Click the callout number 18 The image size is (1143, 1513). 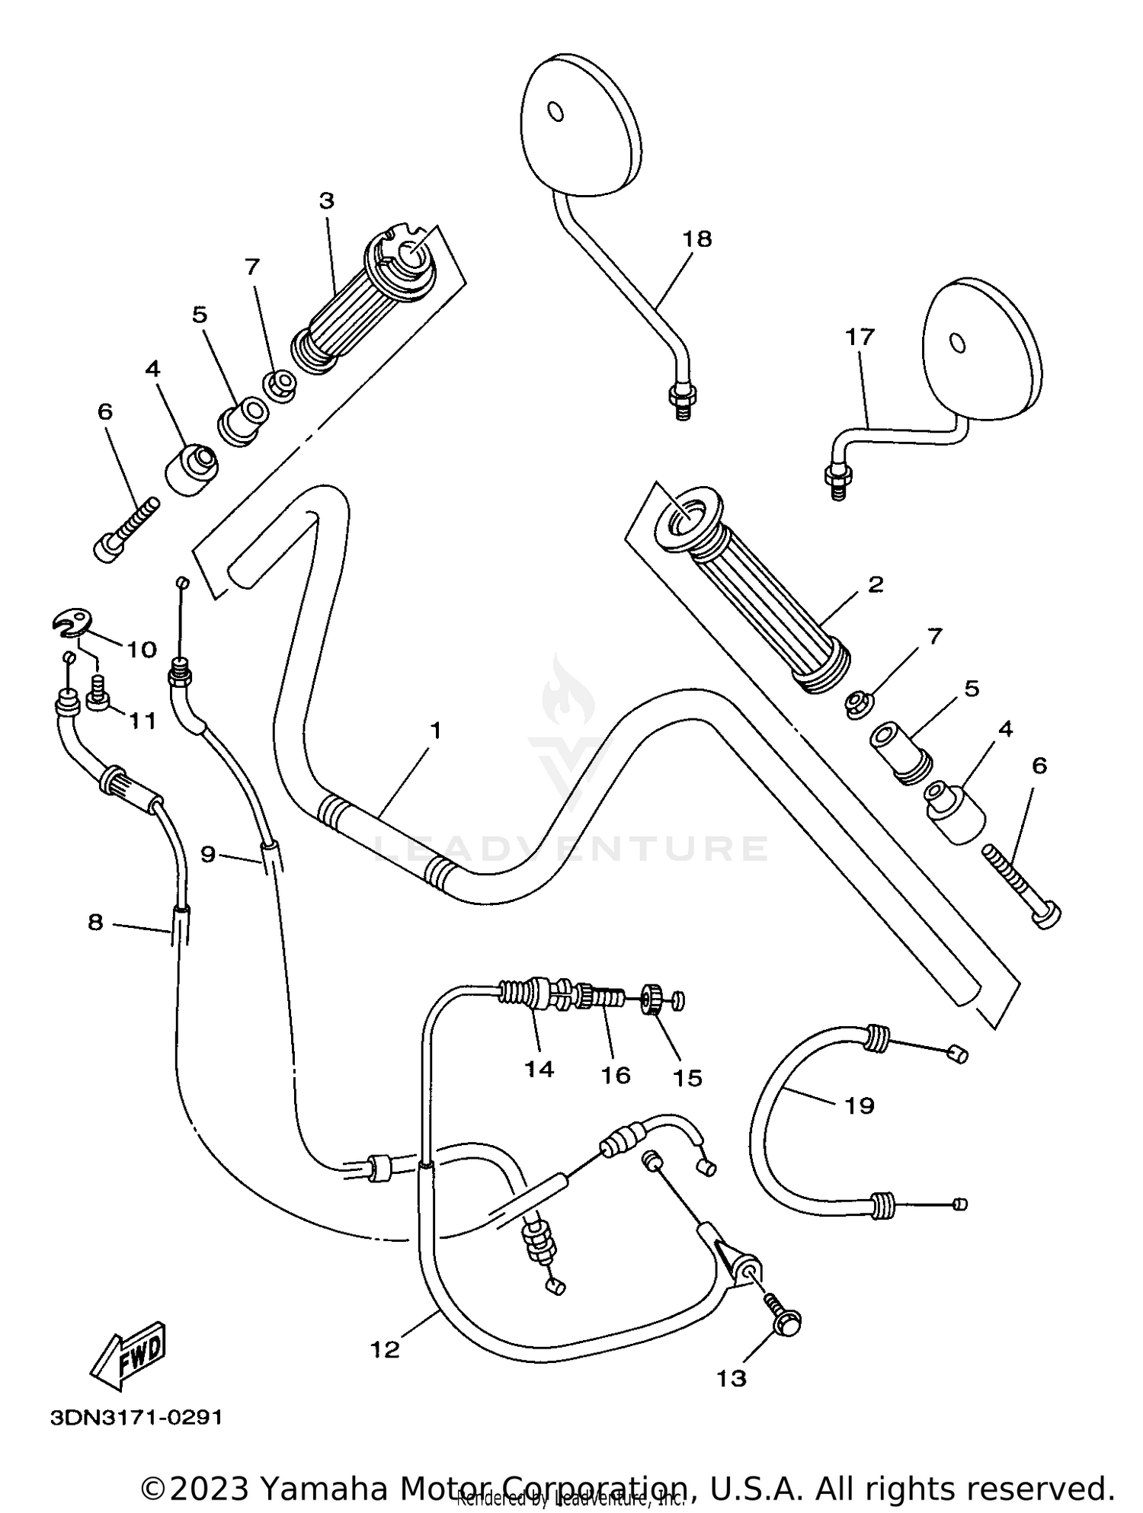click(696, 239)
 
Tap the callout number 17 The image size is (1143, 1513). click(860, 337)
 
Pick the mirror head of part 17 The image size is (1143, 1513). click(981, 348)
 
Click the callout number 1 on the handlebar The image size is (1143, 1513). click(435, 731)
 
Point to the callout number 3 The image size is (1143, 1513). click(326, 201)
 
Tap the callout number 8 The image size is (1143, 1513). click(95, 923)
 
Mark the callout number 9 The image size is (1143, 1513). click(209, 855)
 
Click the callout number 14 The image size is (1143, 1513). click(539, 1069)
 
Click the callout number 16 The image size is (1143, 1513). click(615, 1075)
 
